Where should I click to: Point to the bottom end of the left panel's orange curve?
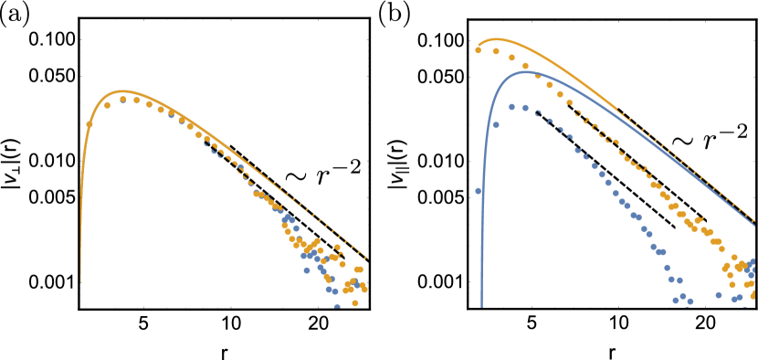80,283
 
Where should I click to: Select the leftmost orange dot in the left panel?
89,123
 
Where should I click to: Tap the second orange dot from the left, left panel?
107,105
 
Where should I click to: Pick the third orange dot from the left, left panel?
122,100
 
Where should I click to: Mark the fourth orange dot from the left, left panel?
136,100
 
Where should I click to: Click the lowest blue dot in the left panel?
337,307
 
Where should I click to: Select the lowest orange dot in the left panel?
355,302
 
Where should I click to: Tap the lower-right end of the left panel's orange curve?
367,259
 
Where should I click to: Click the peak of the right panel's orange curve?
496,38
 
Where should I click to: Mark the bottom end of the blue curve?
481,308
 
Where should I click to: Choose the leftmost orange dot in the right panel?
478,50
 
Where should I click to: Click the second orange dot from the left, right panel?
496,51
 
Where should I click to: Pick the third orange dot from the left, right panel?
511,58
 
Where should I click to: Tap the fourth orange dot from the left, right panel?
525,66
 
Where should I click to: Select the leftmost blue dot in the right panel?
478,191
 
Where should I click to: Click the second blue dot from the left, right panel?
496,125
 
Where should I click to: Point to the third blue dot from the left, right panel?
511,107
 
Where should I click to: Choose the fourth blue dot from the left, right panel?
525,108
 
